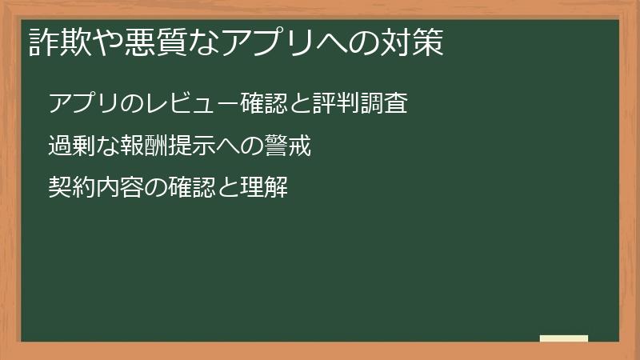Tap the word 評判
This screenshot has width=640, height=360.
tap(337, 104)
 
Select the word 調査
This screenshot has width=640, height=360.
tap(385, 104)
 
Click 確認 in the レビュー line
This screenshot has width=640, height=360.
tap(265, 104)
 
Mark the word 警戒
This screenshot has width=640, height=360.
tap(286, 146)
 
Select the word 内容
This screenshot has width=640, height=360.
tap(120, 189)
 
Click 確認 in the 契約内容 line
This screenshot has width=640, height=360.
tap(191, 189)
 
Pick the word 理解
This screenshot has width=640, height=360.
tap(263, 189)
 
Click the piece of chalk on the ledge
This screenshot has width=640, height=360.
tap(564, 338)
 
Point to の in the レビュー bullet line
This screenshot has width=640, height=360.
tap(133, 104)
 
